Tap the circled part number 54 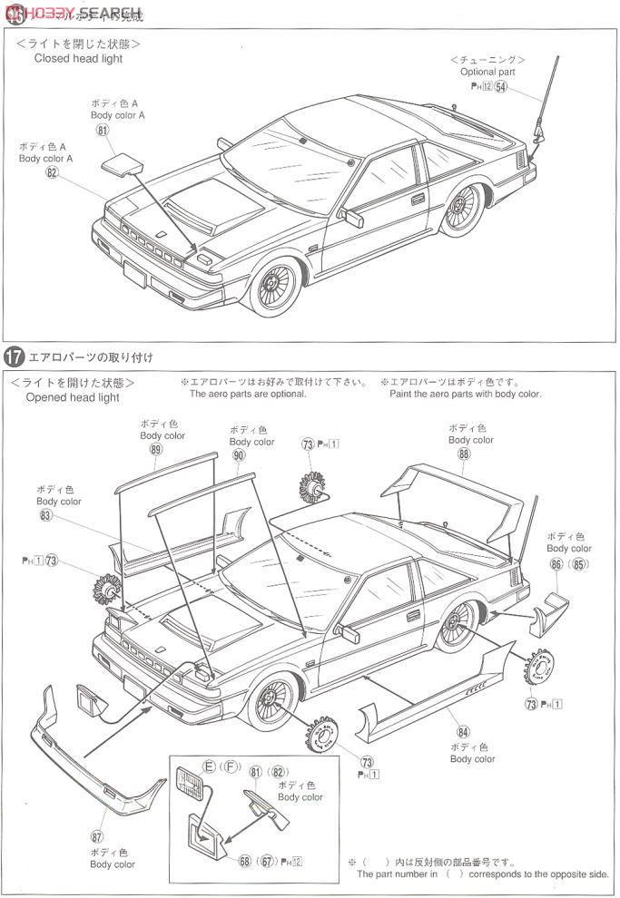coord(501,86)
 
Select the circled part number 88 coord(465,454)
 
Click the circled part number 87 coord(98,835)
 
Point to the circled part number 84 coord(464,731)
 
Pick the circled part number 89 coord(156,450)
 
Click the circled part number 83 coord(46,515)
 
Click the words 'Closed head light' coord(78,58)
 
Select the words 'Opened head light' coord(73,397)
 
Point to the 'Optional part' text coord(487,72)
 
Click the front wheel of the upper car coord(274,285)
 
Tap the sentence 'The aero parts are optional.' coord(248,395)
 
